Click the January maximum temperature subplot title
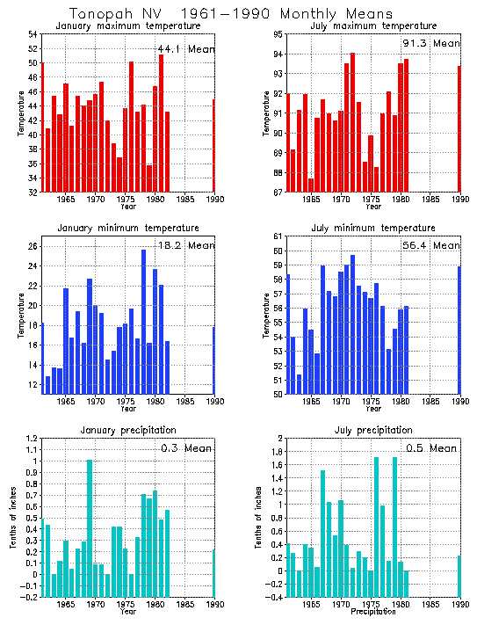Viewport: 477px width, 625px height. coord(127,25)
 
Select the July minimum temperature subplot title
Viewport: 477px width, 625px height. coord(372,229)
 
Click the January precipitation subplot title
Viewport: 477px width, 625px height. coord(127,430)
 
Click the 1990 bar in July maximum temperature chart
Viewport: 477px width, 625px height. coord(459,128)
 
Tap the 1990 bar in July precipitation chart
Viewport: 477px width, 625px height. coord(459,576)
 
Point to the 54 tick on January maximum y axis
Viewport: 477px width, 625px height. coord(33,34)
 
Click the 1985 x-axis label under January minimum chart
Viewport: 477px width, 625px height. coord(185,402)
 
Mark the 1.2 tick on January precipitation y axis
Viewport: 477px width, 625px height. coord(31,438)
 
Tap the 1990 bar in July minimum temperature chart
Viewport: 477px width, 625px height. coord(459,330)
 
